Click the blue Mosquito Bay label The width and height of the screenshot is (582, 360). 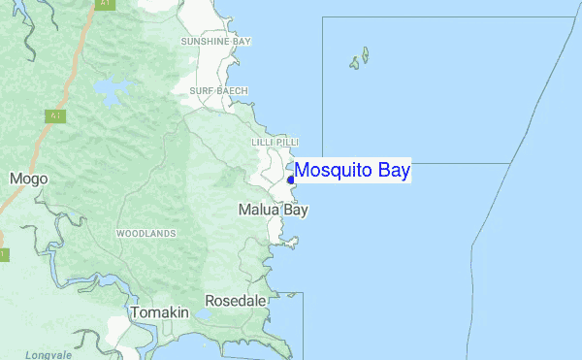[352, 171]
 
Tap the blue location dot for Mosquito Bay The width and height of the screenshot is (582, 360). [290, 180]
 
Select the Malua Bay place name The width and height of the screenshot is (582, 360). [273, 210]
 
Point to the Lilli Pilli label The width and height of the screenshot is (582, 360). [274, 143]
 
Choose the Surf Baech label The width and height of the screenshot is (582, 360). [218, 90]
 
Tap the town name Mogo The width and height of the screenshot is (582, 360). [22, 179]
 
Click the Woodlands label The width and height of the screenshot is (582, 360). [145, 234]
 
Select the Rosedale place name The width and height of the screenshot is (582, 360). [235, 301]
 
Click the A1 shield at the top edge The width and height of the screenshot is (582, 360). [104, 4]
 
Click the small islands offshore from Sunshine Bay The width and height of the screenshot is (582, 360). [360, 59]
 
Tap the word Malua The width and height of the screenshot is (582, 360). [258, 210]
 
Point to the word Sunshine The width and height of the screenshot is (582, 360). [205, 42]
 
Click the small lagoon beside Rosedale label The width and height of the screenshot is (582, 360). [203, 314]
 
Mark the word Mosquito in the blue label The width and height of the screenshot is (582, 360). [332, 171]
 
